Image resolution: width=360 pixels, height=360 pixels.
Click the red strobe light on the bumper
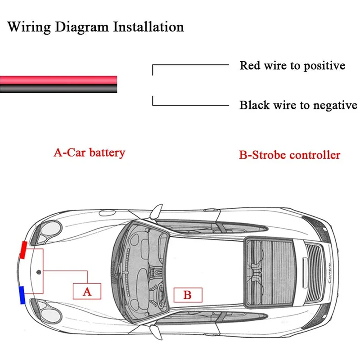[x=22, y=250]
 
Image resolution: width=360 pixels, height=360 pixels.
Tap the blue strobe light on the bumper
[x=21, y=294]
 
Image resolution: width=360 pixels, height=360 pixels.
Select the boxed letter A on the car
[x=87, y=291]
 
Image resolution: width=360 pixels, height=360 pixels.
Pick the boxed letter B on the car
[x=188, y=295]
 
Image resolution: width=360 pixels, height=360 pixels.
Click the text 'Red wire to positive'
[x=292, y=66]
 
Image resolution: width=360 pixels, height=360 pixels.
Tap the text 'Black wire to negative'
[x=298, y=105]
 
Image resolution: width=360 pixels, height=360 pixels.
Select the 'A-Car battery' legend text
[x=89, y=153]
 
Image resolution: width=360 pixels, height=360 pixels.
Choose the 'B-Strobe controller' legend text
[x=289, y=155]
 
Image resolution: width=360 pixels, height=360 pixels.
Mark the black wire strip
[x=58, y=89]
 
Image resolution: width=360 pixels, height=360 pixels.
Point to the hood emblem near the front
[x=39, y=273]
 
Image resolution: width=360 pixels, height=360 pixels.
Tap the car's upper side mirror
[x=156, y=211]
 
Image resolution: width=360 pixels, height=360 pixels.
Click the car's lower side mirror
[x=156, y=332]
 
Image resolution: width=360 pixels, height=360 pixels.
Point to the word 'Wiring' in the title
[x=28, y=27]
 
